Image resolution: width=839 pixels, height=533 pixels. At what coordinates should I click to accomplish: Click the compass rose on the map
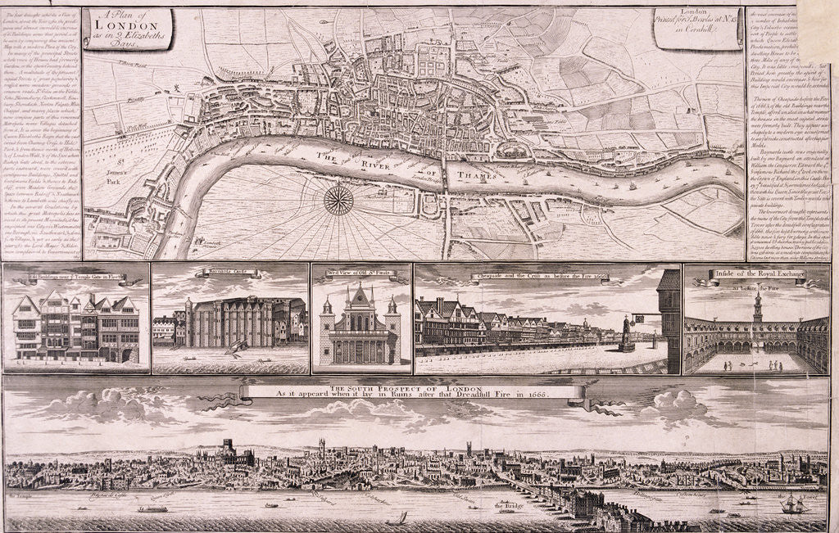click(x=338, y=200)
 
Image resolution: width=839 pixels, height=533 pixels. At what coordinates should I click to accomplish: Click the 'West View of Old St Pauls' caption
click(x=361, y=271)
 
